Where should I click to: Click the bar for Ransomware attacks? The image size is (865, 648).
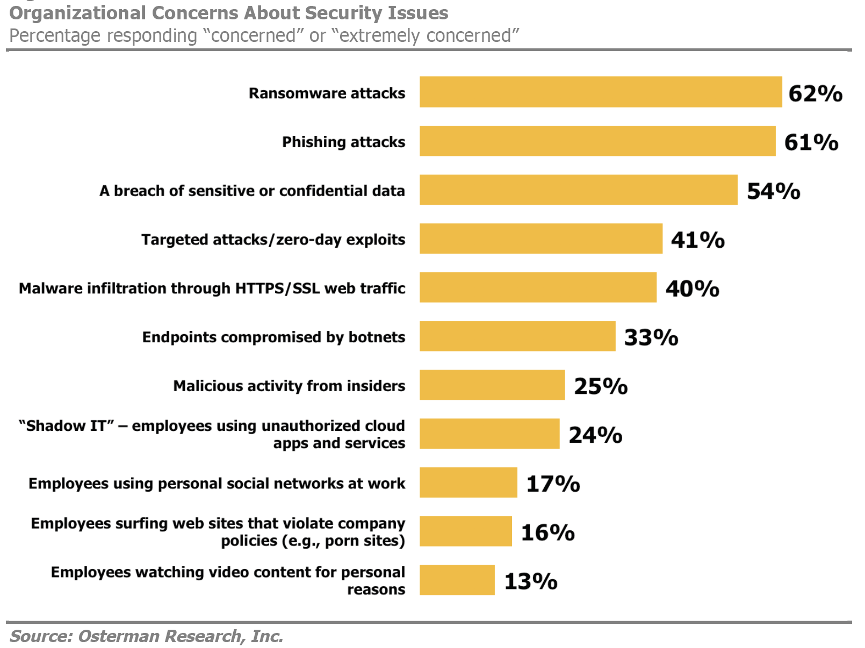point(600,92)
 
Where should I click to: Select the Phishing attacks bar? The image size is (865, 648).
point(597,141)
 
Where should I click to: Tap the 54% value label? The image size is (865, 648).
point(773,191)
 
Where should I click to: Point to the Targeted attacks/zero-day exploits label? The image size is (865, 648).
point(273,239)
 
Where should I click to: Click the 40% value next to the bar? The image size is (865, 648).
point(691,289)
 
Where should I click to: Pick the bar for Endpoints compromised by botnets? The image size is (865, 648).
point(517,336)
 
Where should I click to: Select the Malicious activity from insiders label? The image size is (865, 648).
point(289,386)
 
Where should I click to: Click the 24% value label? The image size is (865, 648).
point(595,435)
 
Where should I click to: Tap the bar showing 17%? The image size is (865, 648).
point(468,483)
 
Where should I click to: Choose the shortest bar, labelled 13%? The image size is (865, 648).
point(457,580)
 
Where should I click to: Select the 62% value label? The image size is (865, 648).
point(814,93)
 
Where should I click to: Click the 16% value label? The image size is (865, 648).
point(547,532)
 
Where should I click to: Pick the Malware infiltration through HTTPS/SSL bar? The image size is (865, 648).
point(537,287)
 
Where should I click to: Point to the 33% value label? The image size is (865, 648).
point(650,337)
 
